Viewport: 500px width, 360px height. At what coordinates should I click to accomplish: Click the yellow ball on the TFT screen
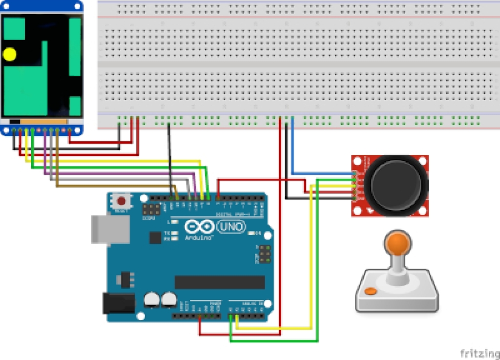[x=10, y=55]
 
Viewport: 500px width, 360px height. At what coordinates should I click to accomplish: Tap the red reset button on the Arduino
[x=122, y=201]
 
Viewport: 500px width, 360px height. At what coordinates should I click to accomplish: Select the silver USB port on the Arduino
[x=110, y=229]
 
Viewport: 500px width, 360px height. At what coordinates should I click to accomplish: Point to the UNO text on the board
[x=231, y=227]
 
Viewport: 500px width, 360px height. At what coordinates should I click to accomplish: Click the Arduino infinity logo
[x=199, y=227]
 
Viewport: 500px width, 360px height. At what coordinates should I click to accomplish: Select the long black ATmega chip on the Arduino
[x=220, y=282]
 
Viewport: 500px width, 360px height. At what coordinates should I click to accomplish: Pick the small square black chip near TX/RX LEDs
[x=155, y=237]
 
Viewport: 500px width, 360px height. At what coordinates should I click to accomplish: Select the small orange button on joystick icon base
[x=371, y=292]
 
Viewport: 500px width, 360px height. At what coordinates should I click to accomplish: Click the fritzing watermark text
[x=478, y=352]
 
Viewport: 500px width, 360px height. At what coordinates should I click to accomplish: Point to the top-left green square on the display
[x=15, y=29]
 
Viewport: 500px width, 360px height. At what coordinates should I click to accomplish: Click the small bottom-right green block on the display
[x=75, y=106]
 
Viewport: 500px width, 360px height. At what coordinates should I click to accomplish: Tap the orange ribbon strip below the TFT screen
[x=43, y=121]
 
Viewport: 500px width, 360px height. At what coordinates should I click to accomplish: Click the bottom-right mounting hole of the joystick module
[x=423, y=210]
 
